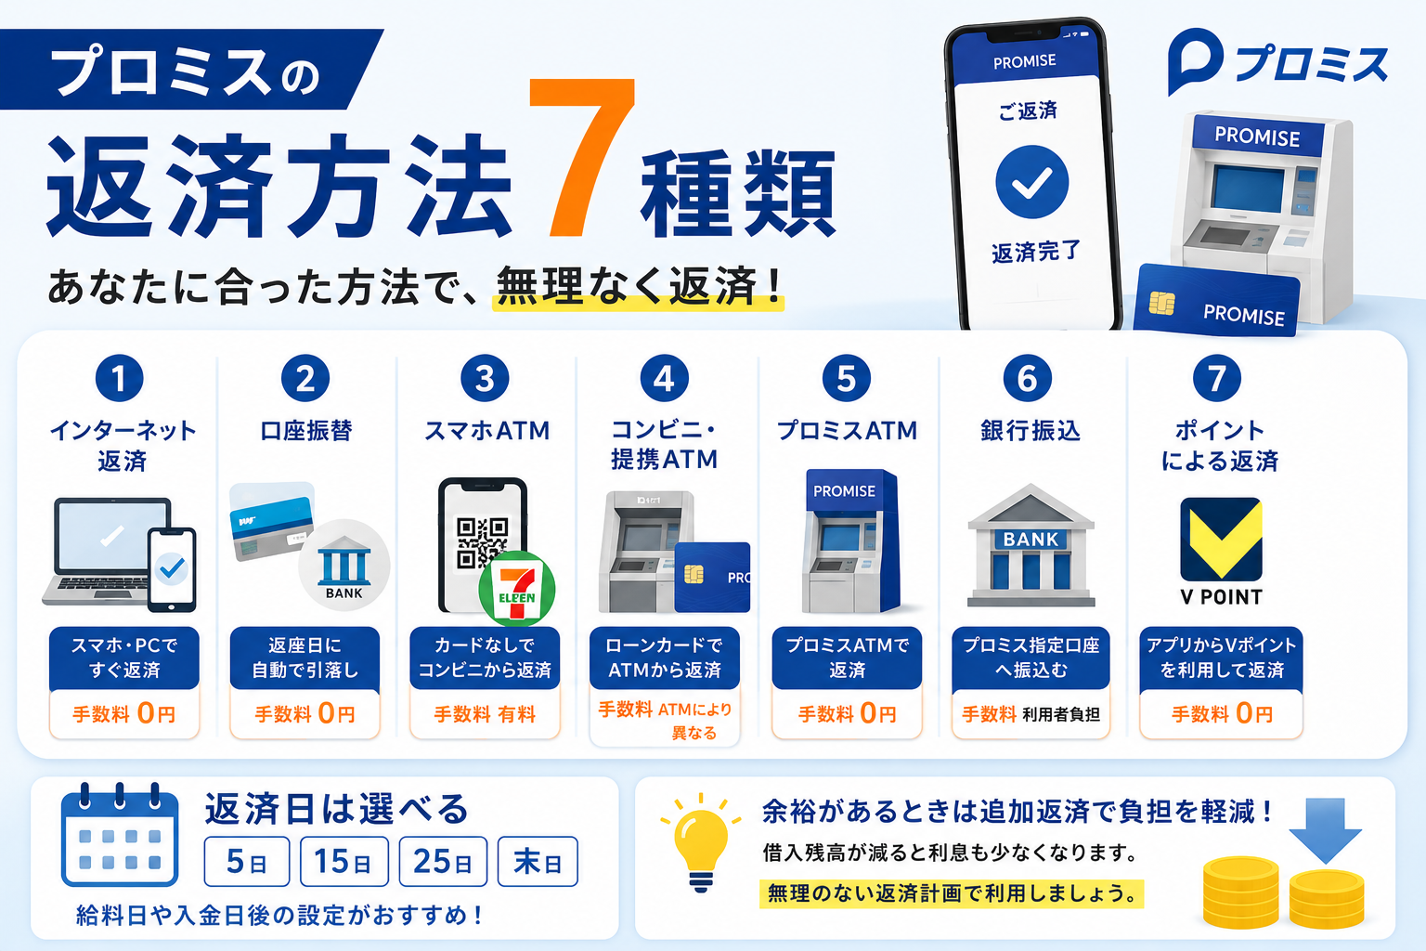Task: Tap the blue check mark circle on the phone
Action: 1032,182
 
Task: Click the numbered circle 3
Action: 485,378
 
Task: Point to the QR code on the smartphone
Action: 482,542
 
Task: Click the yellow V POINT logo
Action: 1221,539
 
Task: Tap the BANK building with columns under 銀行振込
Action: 1031,545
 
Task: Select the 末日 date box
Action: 538,861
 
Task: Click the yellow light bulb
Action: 701,843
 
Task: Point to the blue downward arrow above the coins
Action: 1326,830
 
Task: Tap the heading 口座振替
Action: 306,431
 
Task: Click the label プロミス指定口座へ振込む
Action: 1031,658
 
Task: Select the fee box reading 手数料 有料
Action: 485,714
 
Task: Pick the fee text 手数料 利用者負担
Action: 1031,714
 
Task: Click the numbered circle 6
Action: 1028,378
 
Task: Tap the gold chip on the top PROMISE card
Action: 1161,303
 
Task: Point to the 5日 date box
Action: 247,861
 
